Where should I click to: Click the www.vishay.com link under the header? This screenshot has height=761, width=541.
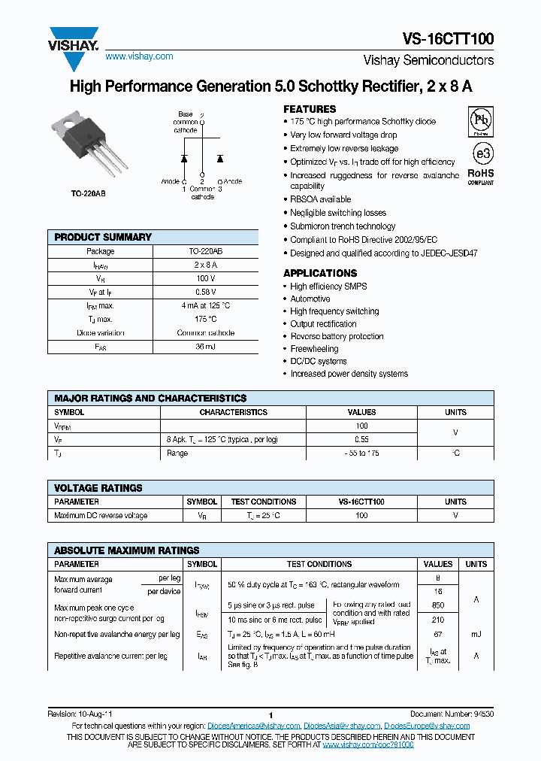pyautogui.click(x=139, y=56)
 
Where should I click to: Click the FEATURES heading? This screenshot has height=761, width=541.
pyautogui.click(x=310, y=108)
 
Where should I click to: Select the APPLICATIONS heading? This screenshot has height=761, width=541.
pyautogui.click(x=320, y=273)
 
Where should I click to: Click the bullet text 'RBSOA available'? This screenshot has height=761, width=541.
pyautogui.click(x=321, y=199)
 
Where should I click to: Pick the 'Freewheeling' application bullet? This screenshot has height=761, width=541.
pyautogui.click(x=314, y=349)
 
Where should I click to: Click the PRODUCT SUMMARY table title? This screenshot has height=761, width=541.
pyautogui.click(x=103, y=237)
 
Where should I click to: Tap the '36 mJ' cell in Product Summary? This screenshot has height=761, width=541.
pyautogui.click(x=206, y=347)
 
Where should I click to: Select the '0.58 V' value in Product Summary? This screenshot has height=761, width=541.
pyautogui.click(x=206, y=292)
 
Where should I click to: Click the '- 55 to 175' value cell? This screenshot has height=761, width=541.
pyautogui.click(x=361, y=453)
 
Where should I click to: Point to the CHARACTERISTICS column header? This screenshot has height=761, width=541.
pyautogui.click(x=233, y=412)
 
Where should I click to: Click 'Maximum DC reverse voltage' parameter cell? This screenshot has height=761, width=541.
pyautogui.click(x=101, y=516)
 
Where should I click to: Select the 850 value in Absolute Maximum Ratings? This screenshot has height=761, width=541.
pyautogui.click(x=438, y=605)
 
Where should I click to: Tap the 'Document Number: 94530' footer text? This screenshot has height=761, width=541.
pyautogui.click(x=452, y=713)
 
